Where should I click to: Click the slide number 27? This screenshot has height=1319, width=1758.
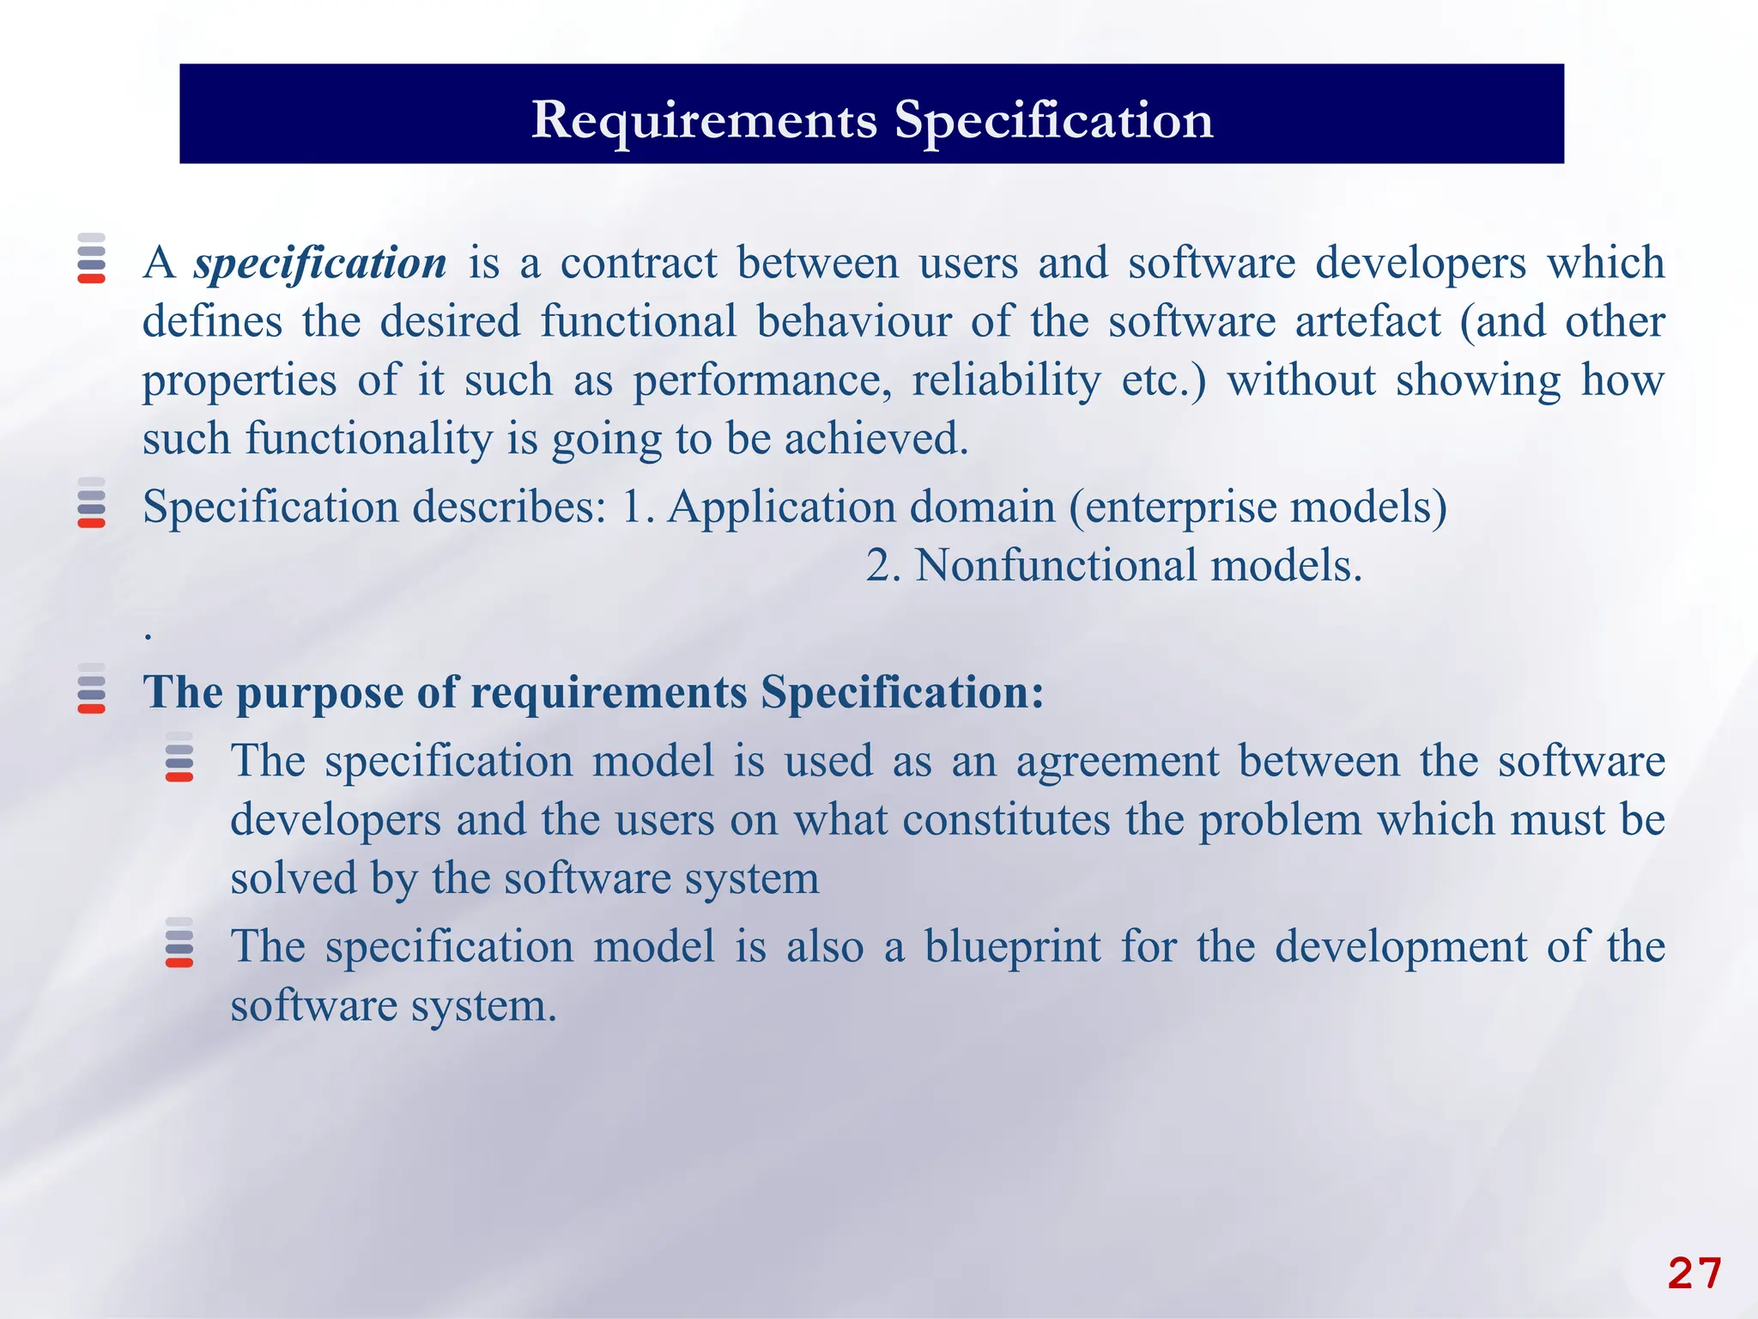click(x=1694, y=1273)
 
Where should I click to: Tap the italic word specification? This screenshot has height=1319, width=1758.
click(x=320, y=264)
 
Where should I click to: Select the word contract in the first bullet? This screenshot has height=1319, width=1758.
click(x=639, y=264)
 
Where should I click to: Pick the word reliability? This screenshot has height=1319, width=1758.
click(x=1005, y=380)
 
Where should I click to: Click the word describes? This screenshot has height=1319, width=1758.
click(x=509, y=507)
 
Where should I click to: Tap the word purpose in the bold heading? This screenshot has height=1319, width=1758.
click(x=319, y=694)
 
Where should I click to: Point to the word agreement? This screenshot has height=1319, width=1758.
click(x=1117, y=763)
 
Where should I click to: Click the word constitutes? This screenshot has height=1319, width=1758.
click(x=1006, y=820)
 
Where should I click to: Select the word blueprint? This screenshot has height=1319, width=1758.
click(x=1012, y=947)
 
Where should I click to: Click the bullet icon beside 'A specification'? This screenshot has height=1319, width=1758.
click(x=91, y=258)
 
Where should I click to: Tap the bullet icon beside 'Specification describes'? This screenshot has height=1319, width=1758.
click(x=91, y=502)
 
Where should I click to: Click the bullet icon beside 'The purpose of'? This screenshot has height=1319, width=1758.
click(x=91, y=689)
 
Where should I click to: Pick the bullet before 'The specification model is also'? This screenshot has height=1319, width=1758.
click(x=179, y=943)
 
